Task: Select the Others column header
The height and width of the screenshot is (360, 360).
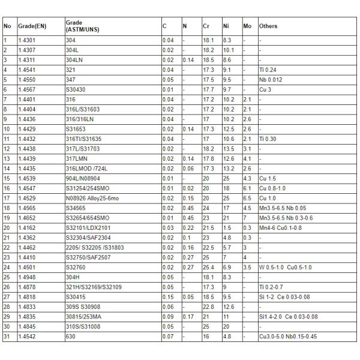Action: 268,26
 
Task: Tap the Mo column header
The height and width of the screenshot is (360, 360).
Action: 247,26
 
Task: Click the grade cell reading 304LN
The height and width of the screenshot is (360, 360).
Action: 73,61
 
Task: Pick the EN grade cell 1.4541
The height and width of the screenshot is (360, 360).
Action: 27,70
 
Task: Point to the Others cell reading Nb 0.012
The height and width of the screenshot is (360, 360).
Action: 271,79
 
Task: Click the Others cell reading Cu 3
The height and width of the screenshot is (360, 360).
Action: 265,89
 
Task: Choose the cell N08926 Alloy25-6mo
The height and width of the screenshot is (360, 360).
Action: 91,198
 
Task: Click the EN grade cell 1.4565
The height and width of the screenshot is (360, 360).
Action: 27,208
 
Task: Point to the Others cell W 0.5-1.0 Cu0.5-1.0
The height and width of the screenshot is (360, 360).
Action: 284,267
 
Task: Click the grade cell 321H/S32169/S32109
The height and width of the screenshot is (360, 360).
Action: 93,287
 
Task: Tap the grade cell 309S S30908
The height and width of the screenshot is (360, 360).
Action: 81,307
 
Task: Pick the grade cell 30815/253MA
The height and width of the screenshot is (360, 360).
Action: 81,317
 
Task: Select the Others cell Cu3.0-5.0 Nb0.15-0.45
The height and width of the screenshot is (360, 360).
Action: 288,337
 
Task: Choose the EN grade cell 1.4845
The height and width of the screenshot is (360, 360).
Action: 27,326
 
